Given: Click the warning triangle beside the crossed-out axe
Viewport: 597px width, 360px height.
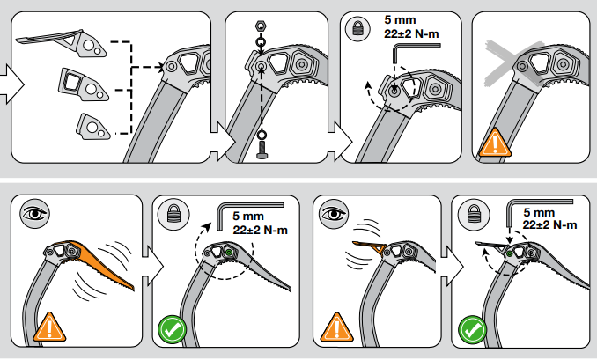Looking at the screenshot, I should coord(495,141).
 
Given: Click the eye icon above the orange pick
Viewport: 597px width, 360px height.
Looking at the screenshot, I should coord(33,215).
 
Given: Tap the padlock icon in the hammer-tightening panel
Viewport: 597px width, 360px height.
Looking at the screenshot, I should coord(475,214).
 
